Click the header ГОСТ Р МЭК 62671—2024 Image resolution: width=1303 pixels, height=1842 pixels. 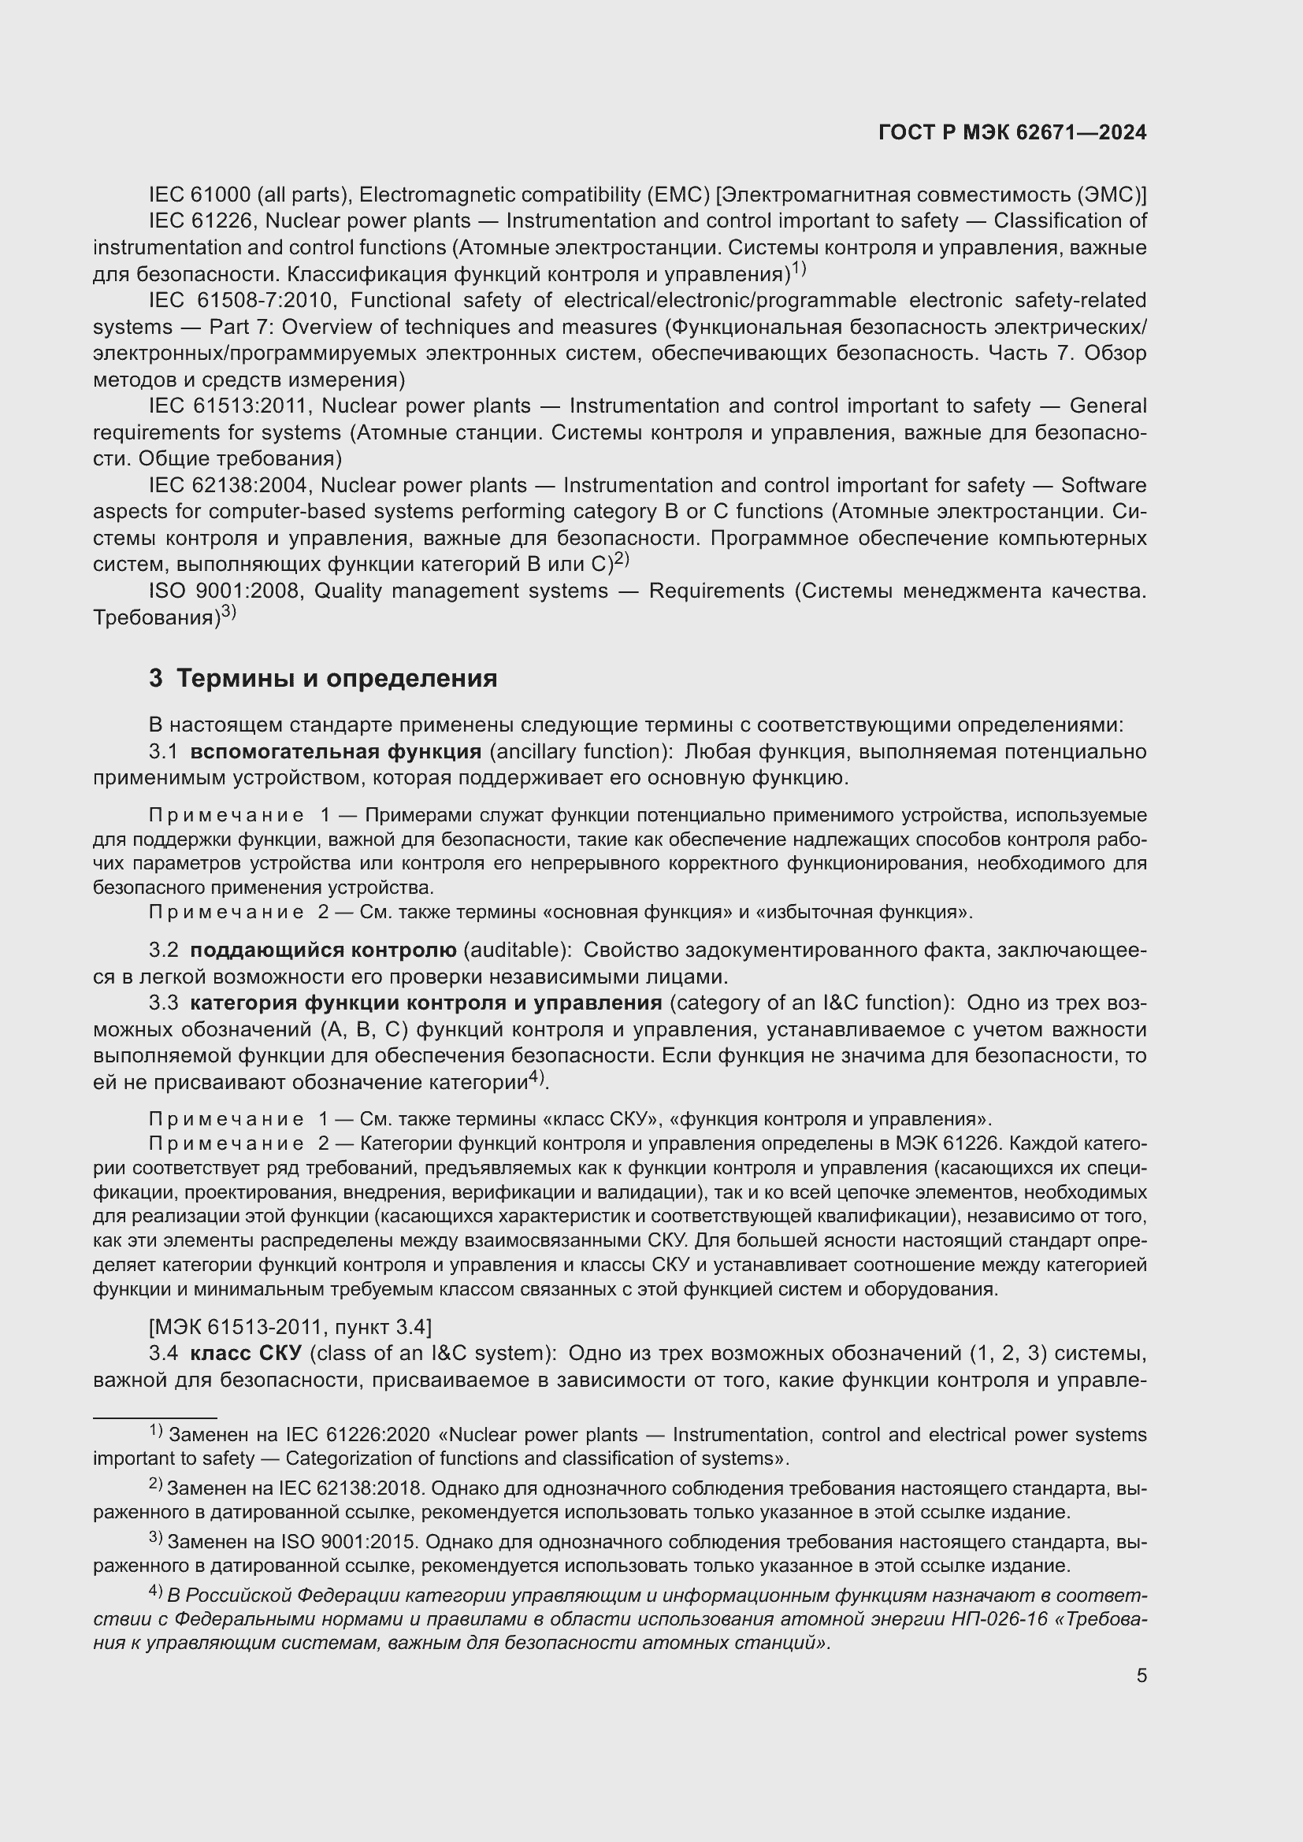(x=1012, y=133)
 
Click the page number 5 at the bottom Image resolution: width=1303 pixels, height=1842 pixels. (x=1141, y=1676)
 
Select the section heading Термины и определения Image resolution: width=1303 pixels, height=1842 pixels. (x=336, y=679)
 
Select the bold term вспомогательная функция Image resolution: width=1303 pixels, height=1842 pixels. (x=336, y=752)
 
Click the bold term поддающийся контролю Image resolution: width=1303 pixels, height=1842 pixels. (x=322, y=950)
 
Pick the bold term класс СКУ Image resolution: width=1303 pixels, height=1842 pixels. (x=246, y=1354)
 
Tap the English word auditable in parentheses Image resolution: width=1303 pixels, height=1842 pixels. (x=517, y=950)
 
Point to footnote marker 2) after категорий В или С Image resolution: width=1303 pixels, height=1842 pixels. (x=621, y=559)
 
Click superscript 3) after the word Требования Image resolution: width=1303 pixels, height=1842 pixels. (x=228, y=612)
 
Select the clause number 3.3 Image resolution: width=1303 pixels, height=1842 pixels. (x=163, y=1003)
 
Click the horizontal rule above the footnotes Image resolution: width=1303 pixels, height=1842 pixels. (x=155, y=1418)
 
